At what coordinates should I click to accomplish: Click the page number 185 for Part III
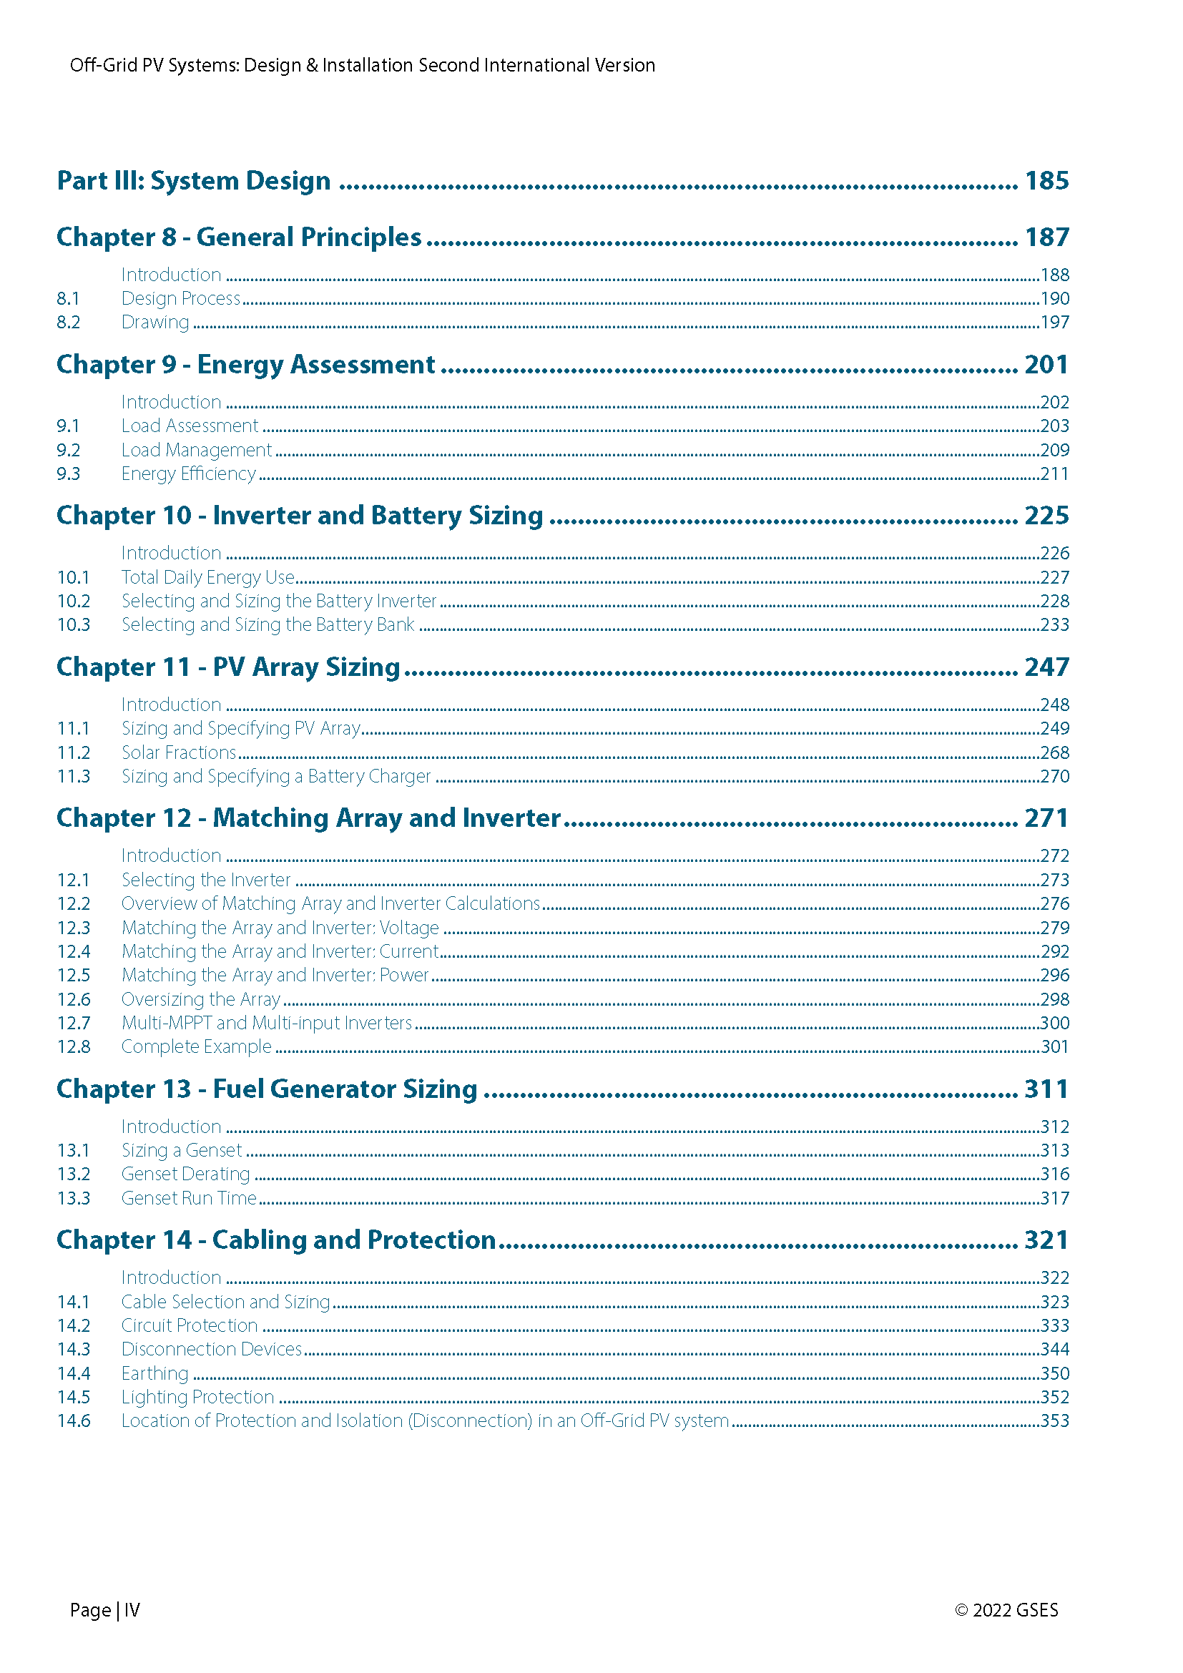pos(1046,181)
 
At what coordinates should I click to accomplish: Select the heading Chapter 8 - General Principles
pos(239,237)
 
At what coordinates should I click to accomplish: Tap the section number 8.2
pos(69,322)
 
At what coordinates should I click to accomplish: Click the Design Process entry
pos(181,298)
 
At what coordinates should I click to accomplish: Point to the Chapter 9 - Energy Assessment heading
pos(245,364)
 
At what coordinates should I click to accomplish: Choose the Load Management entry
pos(196,451)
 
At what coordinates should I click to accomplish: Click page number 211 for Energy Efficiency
pos(1054,474)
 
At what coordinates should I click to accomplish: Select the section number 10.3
pos(74,624)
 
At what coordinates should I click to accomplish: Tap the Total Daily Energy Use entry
pos(207,577)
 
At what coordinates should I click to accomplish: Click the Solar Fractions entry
pos(179,752)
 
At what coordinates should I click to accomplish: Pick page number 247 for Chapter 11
pos(1046,667)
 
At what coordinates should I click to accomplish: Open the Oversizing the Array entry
pos(200,999)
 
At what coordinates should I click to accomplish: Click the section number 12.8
pos(74,1046)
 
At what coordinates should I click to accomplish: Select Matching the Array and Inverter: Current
pos(280,951)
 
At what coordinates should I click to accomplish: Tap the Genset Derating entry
pos(185,1174)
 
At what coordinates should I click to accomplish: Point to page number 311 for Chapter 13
pos(1046,1089)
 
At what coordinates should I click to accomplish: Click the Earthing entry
pos(154,1373)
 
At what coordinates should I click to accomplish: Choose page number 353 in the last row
pos(1054,1421)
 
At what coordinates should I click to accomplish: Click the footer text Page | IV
pos(105,1610)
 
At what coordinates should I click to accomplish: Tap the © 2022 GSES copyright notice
pos(1006,1610)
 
